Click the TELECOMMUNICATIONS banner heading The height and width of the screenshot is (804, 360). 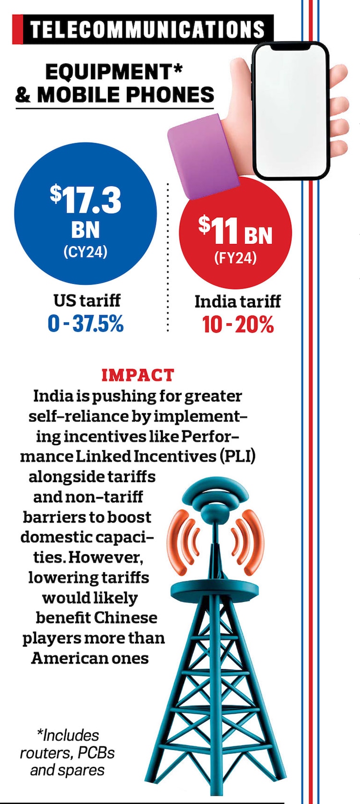(x=147, y=29)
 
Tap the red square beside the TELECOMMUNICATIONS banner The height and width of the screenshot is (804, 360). (x=18, y=29)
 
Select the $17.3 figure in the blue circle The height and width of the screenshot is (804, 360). (x=86, y=200)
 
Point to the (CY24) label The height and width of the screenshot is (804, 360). (x=85, y=251)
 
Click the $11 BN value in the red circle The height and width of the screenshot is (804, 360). (x=235, y=231)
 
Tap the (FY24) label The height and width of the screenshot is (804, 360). (x=235, y=258)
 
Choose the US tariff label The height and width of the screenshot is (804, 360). (x=86, y=301)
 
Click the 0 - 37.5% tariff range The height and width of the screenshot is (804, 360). (x=86, y=324)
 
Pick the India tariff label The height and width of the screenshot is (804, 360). (x=238, y=302)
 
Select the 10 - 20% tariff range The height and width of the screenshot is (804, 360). (x=238, y=325)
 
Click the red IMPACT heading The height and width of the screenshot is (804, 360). (x=138, y=375)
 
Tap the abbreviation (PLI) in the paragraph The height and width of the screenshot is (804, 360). (x=238, y=456)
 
